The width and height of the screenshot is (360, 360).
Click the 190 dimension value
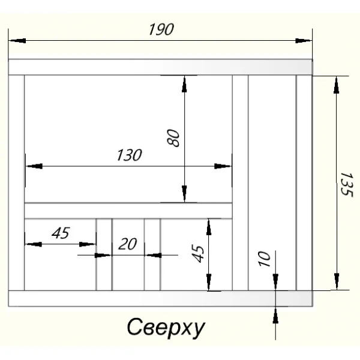161,29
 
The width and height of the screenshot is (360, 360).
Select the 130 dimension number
129,155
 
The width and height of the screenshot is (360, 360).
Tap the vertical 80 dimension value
173,138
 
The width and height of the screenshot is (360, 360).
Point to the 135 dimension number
346,184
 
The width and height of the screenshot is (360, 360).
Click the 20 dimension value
128,244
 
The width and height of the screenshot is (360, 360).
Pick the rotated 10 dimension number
264,259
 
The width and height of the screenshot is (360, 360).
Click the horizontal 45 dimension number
61,233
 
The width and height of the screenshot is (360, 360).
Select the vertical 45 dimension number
198,254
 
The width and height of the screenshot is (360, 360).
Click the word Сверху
166,328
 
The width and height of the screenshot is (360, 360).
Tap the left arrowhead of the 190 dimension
17,41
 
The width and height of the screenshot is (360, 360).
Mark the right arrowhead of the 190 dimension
304,41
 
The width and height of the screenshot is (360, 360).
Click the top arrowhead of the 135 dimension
337,85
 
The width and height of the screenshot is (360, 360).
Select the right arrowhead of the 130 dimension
223,166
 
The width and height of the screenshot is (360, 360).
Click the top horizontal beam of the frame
160,67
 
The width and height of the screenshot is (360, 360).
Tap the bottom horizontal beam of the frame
160,298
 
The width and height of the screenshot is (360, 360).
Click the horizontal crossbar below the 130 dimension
128,211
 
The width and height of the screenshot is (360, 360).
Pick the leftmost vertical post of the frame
16,183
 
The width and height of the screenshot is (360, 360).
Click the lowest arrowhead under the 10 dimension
275,315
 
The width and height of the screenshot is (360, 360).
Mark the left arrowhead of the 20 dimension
103,255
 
